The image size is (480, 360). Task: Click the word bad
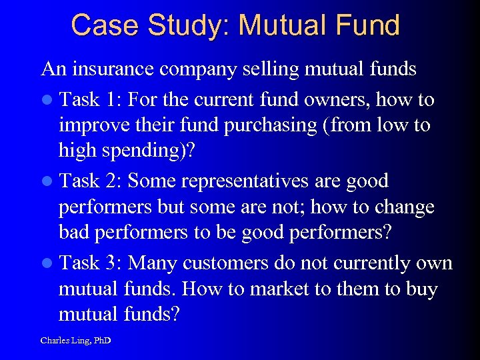pyautogui.click(x=74, y=233)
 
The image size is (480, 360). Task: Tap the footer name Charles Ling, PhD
pyautogui.click(x=75, y=341)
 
